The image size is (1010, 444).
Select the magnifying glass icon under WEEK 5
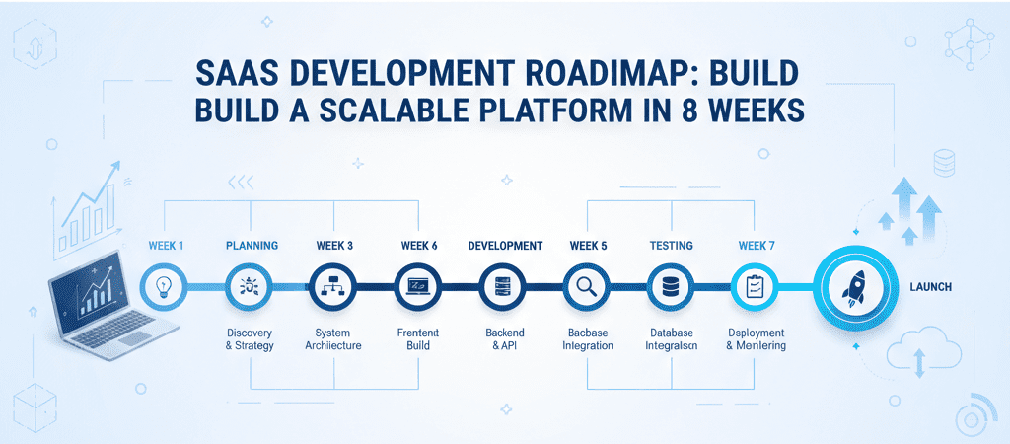pyautogui.click(x=587, y=287)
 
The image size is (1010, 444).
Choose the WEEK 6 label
pyautogui.click(x=419, y=245)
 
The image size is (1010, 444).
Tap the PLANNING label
pyautogui.click(x=252, y=245)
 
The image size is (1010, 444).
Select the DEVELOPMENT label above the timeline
pyautogui.click(x=505, y=245)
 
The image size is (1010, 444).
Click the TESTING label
pyautogui.click(x=671, y=245)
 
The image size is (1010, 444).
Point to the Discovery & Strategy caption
pyautogui.click(x=250, y=339)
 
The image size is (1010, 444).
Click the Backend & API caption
pyautogui.click(x=505, y=339)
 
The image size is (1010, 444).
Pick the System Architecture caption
pyautogui.click(x=334, y=339)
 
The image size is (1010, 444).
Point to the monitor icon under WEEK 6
pyautogui.click(x=419, y=287)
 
